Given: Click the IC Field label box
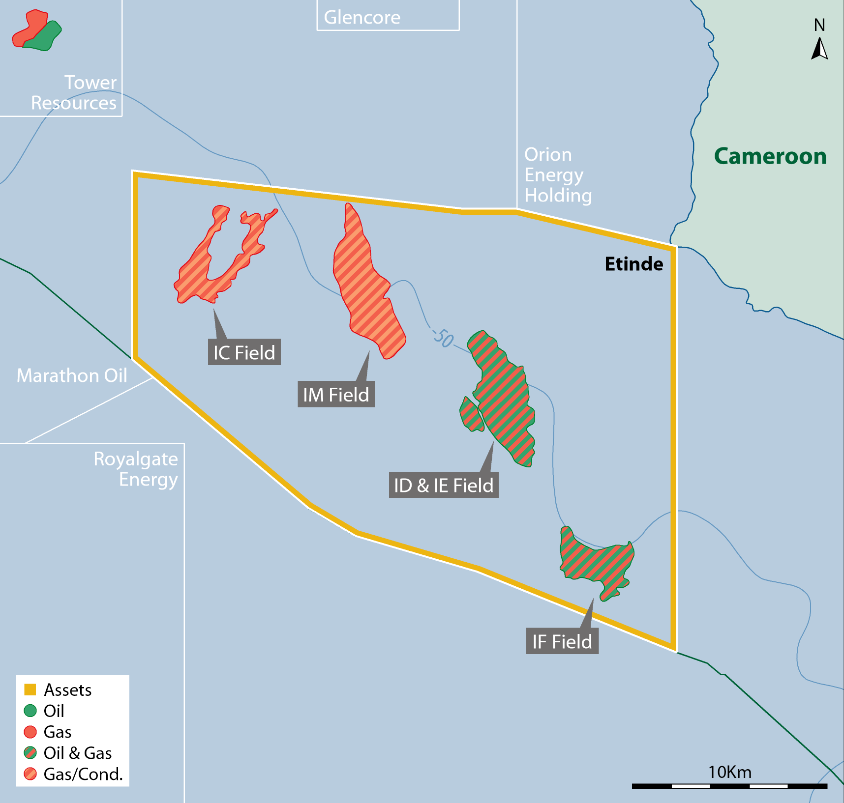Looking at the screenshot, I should coord(244,352).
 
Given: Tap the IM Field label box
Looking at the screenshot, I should coord(336,394).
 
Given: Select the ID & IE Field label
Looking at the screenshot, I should coord(444,485).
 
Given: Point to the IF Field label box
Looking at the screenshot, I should coord(562,641).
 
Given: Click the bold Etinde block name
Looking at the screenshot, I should coord(633,264).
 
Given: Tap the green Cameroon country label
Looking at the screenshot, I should coord(770,156).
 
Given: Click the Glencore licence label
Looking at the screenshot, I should coord(362,17).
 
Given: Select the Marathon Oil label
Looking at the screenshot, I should coord(72,375).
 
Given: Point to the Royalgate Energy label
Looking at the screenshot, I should coord(136,469).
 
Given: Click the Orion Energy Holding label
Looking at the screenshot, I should coord(558,175).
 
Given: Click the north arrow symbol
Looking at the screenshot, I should coord(819,49).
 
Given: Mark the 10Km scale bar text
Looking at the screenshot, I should coord(729,772).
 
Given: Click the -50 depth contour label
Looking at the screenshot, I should coord(443,338).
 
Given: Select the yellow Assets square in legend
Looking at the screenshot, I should coord(30,690).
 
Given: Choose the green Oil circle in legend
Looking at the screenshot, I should coord(30,711).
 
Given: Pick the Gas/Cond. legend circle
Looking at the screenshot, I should coord(30,774).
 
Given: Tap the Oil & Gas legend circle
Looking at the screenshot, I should coord(30,753).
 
